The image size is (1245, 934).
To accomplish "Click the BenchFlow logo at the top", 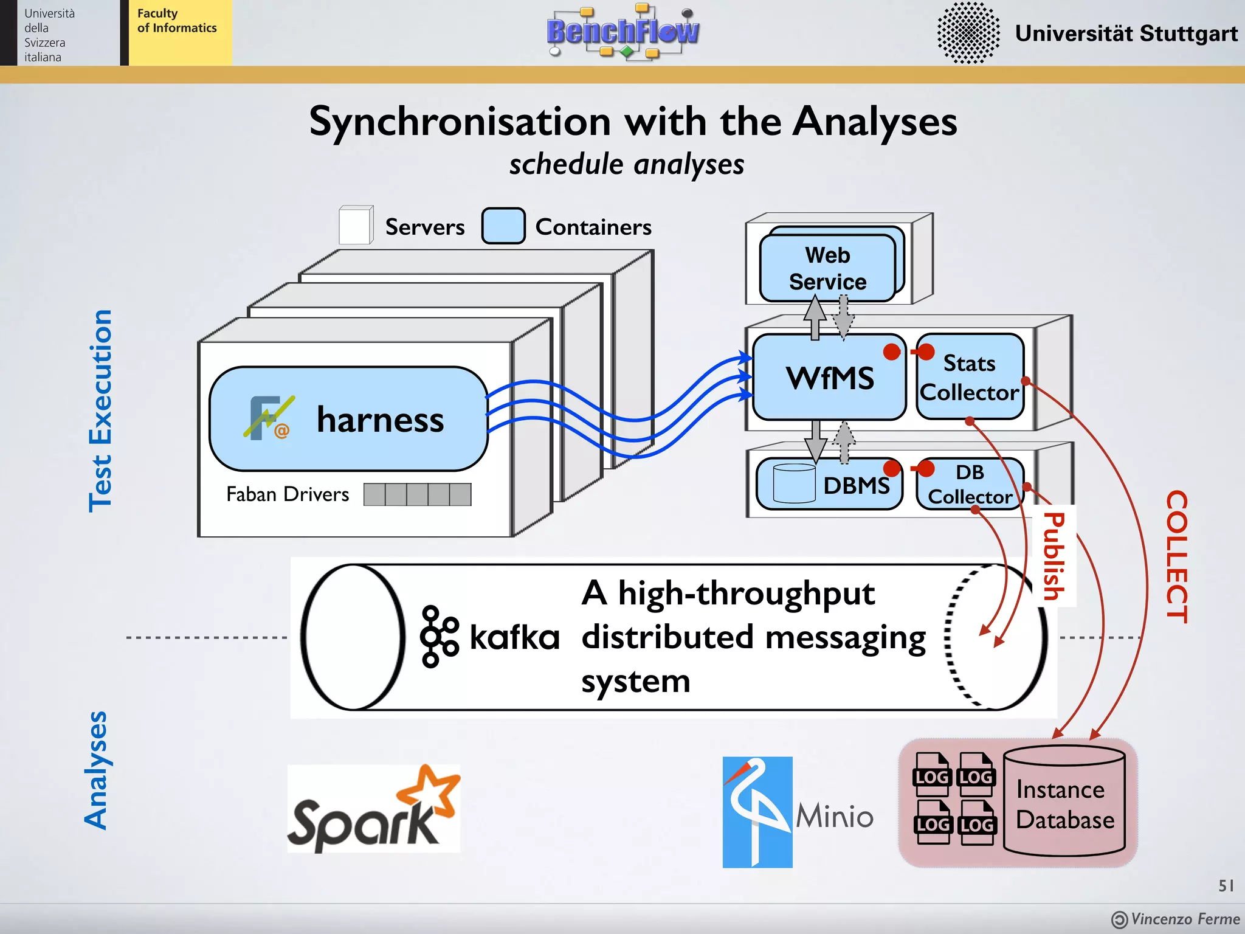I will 622,32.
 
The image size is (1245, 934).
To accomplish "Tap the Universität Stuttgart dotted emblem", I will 968,33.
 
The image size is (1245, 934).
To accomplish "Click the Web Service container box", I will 827,268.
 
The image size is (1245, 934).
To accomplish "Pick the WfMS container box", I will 829,378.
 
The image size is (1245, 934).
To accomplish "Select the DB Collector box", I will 970,484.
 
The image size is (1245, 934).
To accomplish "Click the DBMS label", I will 856,485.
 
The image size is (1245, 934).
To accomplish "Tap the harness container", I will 348,419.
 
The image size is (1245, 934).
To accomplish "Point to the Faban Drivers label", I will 288,494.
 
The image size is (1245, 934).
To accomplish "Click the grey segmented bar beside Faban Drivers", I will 417,494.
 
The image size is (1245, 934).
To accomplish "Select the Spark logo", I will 373,809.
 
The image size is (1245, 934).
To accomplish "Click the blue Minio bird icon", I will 757,812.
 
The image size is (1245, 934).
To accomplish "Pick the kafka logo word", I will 514,637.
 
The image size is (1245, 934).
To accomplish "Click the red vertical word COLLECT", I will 1176,556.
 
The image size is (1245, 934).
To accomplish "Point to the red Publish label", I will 1054,556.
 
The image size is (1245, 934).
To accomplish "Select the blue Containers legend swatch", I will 503,226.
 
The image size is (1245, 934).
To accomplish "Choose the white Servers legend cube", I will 356,226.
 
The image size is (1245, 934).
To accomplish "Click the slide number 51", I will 1226,885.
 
